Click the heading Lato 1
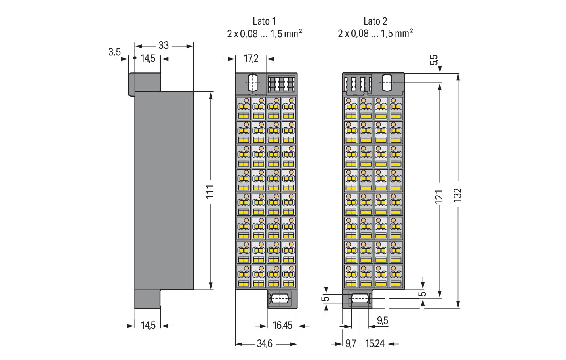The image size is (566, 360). pyautogui.click(x=264, y=21)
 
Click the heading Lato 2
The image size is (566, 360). pyautogui.click(x=375, y=21)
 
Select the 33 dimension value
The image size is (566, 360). pyautogui.click(x=164, y=46)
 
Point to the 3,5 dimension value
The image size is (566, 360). pyautogui.click(x=114, y=52)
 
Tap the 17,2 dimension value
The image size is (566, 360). pyautogui.click(x=251, y=58)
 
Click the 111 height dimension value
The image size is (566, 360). pyautogui.click(x=210, y=192)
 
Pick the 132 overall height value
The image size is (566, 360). pyautogui.click(x=457, y=195)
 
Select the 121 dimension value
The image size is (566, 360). pyautogui.click(x=439, y=196)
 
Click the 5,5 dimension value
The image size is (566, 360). pyautogui.click(x=434, y=60)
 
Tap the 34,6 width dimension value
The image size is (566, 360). pyautogui.click(x=265, y=344)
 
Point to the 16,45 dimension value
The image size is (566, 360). pyautogui.click(x=282, y=326)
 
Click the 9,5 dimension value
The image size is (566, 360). pyautogui.click(x=383, y=320)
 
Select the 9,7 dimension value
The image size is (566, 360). pyautogui.click(x=351, y=344)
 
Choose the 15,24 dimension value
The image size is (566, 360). pyautogui.click(x=375, y=344)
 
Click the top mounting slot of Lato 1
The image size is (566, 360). pyautogui.click(x=253, y=83)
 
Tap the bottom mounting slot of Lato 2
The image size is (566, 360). pyautogui.click(x=359, y=299)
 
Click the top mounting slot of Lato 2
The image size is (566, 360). pyautogui.click(x=387, y=83)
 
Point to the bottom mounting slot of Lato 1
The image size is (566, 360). pyautogui.click(x=280, y=299)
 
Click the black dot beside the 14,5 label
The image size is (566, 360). pyautogui.click(x=135, y=58)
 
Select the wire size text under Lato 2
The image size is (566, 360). pyautogui.click(x=375, y=33)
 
